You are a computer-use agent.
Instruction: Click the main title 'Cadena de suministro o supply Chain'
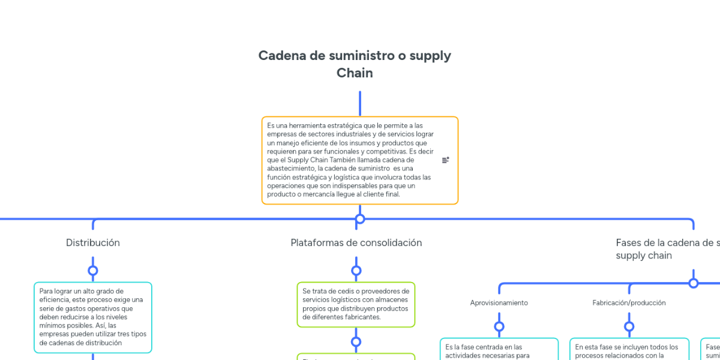[x=355, y=64]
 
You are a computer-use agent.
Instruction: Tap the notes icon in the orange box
[x=446, y=160]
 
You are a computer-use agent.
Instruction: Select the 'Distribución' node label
[x=93, y=243]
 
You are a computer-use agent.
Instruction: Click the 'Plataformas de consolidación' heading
[x=356, y=243]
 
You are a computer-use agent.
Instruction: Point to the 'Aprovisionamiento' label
[x=499, y=303]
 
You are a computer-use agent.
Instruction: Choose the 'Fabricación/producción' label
[x=629, y=303]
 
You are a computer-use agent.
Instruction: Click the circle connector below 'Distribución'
[x=93, y=271]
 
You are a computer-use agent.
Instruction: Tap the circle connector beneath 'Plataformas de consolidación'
[x=356, y=271]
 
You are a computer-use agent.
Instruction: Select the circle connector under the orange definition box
[x=360, y=219]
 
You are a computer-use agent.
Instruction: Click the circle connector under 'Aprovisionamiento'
[x=499, y=327]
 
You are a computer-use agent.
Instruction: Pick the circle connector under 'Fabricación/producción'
[x=629, y=327]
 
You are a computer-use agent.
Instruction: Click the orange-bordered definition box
[x=359, y=160]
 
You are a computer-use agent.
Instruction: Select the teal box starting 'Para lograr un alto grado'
[x=92, y=317]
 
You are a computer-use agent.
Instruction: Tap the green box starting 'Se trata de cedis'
[x=356, y=304]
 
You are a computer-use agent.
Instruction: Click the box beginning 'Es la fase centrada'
[x=499, y=350]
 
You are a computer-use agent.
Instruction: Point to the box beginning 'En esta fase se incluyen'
[x=629, y=350]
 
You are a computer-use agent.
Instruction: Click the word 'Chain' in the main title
[x=355, y=73]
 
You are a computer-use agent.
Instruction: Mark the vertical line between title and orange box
[x=360, y=103]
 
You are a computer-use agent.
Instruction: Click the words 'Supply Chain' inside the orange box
[x=306, y=160]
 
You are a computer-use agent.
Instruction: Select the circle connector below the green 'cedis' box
[x=356, y=342]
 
